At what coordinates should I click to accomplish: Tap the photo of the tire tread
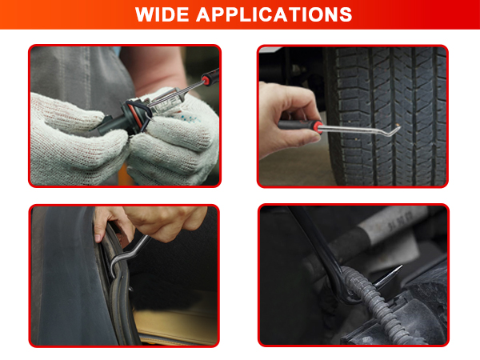353,116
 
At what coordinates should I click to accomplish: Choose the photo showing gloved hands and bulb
125,116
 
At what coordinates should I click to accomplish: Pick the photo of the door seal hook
125,275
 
